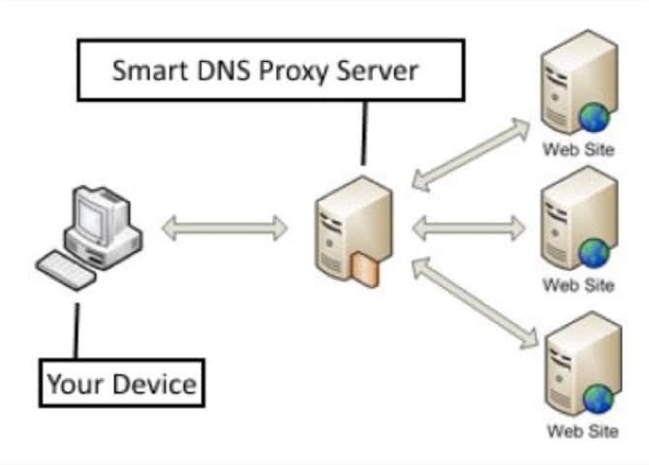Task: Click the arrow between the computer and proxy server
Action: point(224,229)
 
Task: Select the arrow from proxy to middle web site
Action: point(468,229)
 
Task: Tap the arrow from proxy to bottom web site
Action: point(473,301)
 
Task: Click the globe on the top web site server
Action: point(594,117)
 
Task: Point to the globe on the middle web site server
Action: point(594,254)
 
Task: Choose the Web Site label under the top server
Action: point(578,149)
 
